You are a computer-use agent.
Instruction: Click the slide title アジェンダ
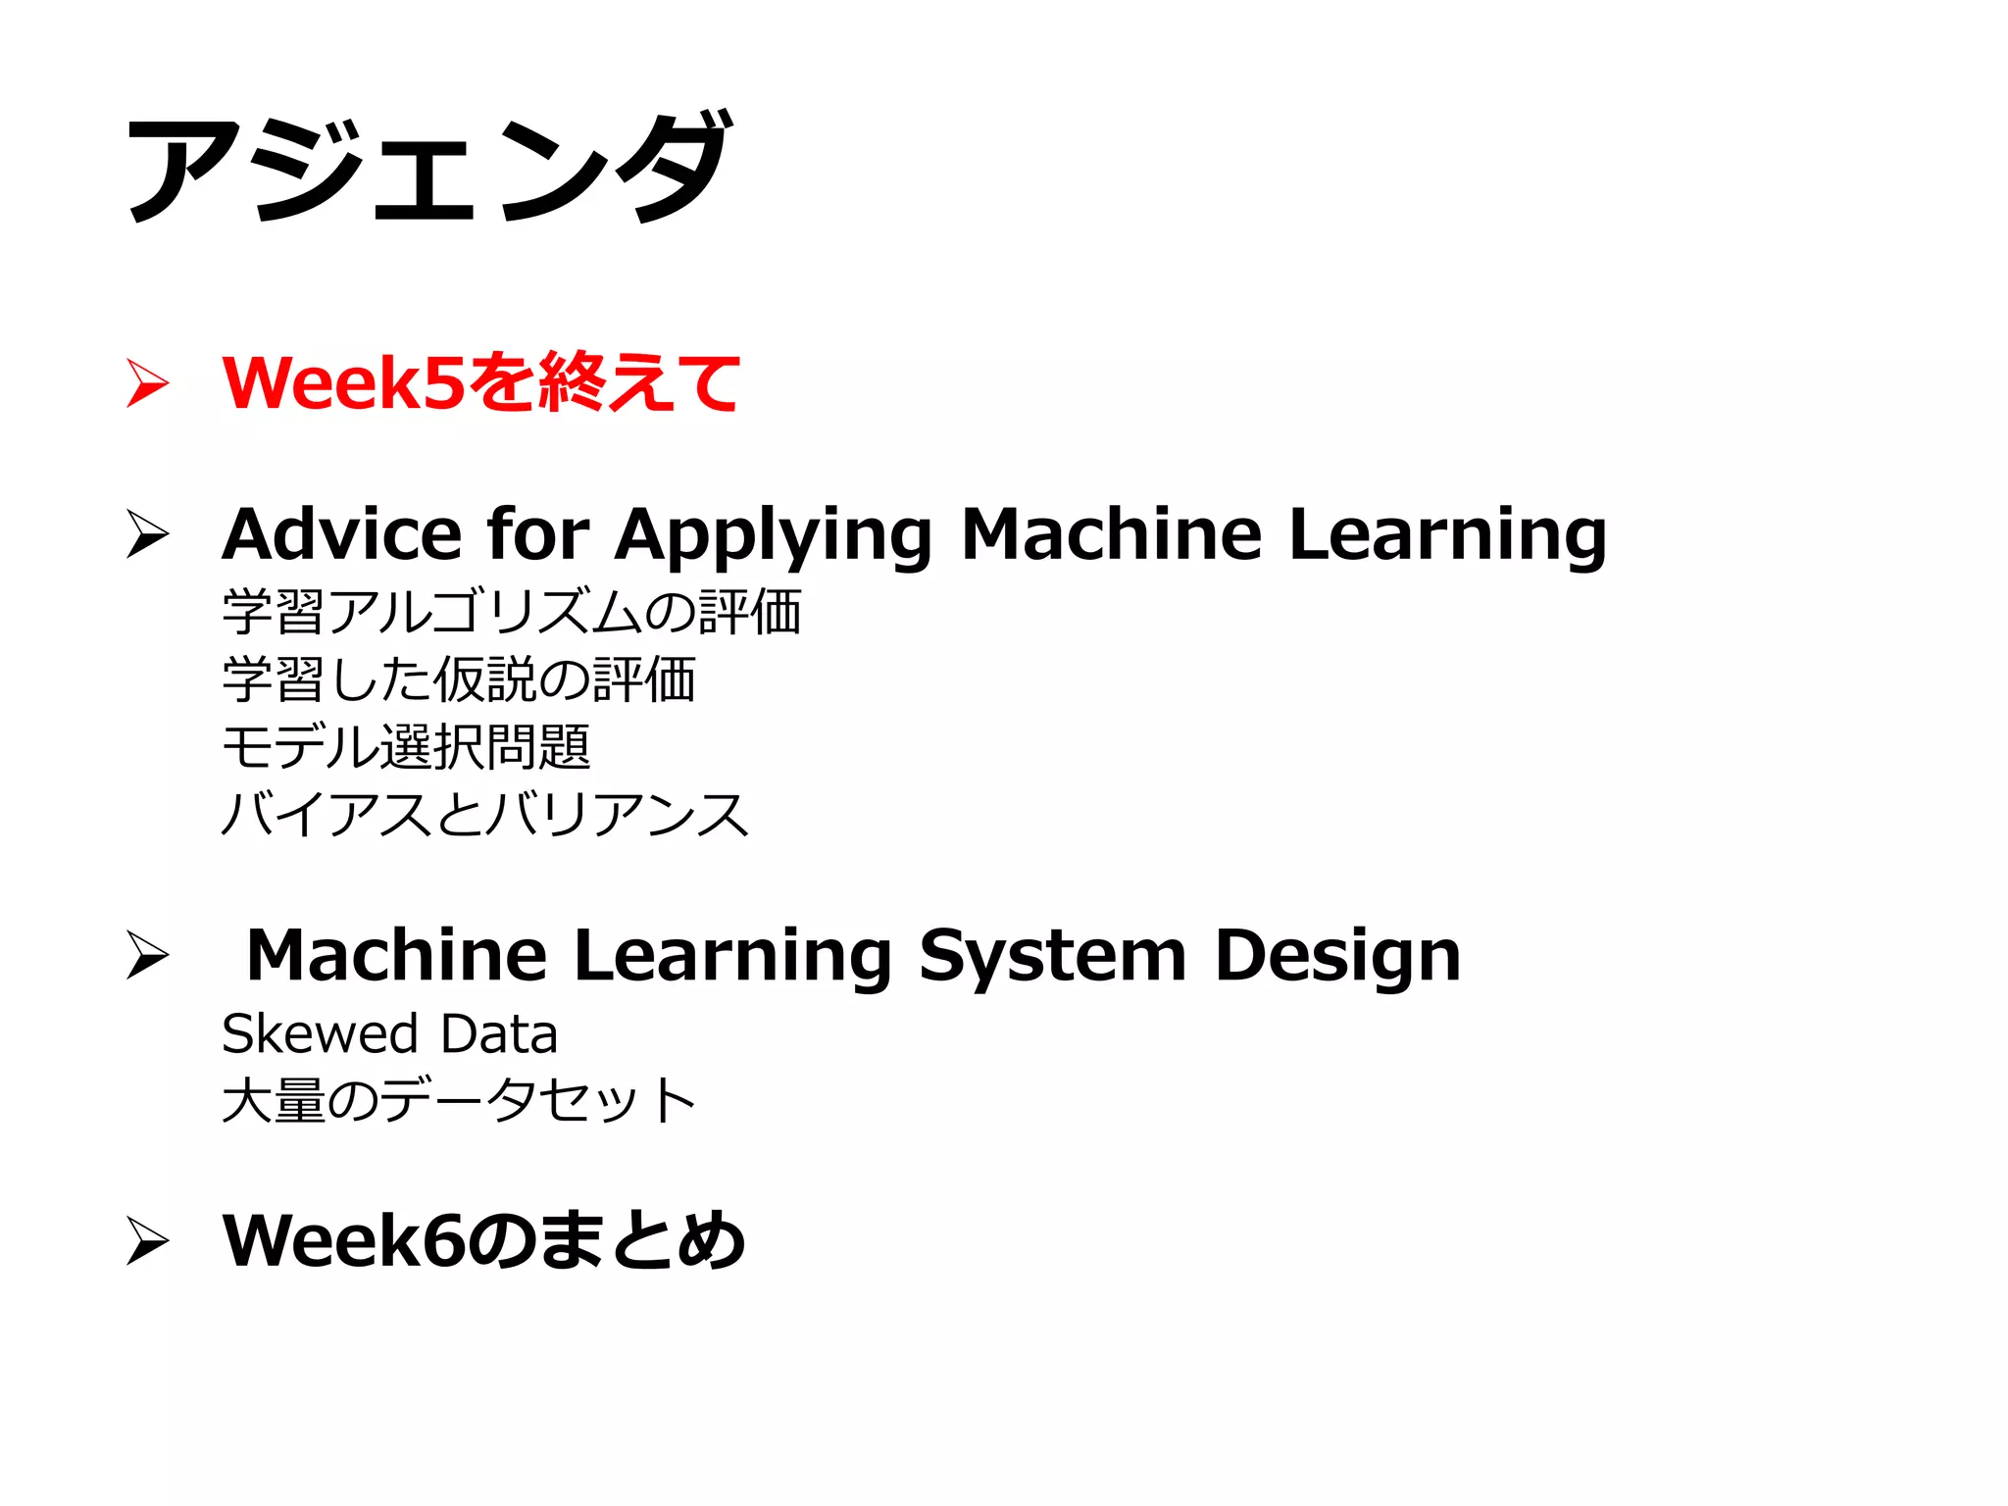click(x=428, y=167)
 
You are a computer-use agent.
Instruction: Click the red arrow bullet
click(x=148, y=382)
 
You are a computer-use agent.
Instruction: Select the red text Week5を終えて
click(x=480, y=382)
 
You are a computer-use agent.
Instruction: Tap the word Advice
click(x=341, y=534)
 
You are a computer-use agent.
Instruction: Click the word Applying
click(x=774, y=536)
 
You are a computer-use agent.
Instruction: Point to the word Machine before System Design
click(x=396, y=955)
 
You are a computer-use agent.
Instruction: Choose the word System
click(x=1053, y=957)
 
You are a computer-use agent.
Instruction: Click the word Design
click(x=1337, y=957)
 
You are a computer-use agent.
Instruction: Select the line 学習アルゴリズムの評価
click(x=512, y=612)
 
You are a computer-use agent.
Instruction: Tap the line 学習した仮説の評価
click(x=459, y=679)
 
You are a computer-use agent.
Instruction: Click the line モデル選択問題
click(x=406, y=747)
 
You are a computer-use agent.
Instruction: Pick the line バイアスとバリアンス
click(x=485, y=815)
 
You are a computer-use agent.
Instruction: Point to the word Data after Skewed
click(x=499, y=1033)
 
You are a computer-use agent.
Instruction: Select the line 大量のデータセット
click(x=459, y=1100)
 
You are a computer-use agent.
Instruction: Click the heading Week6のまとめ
click(x=483, y=1240)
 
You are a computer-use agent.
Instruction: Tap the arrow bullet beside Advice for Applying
click(x=148, y=534)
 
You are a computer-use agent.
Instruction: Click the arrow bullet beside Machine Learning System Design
click(x=148, y=955)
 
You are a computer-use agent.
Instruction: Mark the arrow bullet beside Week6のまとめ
click(x=148, y=1241)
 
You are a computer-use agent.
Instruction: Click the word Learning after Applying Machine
click(x=1447, y=536)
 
